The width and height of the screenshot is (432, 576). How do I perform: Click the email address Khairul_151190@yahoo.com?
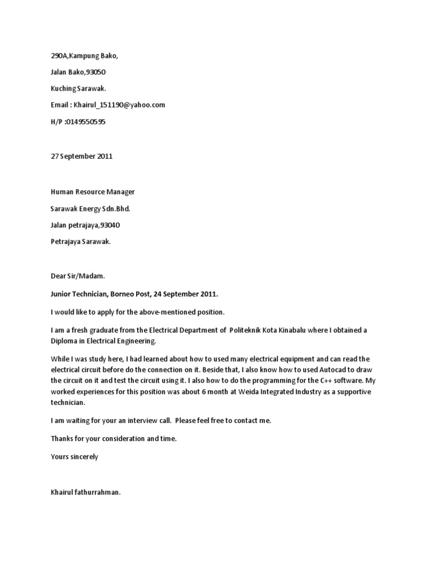pos(120,105)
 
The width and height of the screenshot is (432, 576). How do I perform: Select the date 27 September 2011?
pos(82,156)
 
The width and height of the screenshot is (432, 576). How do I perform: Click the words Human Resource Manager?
pos(93,192)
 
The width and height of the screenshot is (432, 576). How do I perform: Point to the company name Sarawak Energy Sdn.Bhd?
pos(91,209)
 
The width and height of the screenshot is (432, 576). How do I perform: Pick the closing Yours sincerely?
pos(74,456)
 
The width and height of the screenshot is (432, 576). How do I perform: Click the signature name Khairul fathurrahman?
pos(85,493)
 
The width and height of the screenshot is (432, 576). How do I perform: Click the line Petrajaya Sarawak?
pos(80,242)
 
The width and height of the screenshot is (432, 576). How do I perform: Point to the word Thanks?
pos(61,438)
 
